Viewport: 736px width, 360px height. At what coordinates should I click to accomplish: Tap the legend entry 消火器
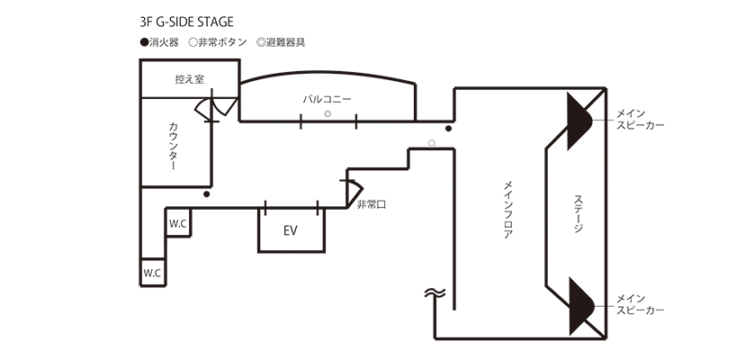[x=158, y=42]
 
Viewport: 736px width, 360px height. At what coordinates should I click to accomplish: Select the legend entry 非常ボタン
[x=217, y=42]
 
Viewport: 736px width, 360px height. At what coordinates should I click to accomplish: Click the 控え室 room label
[x=189, y=79]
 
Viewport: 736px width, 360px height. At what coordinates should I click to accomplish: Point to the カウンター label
[x=173, y=147]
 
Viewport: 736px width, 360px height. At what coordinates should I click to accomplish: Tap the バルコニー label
[x=328, y=97]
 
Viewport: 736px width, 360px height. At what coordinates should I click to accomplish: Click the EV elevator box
[x=290, y=230]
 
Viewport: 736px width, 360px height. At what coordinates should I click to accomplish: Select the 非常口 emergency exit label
[x=371, y=206]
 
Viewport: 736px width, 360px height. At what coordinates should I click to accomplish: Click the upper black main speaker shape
[x=575, y=119]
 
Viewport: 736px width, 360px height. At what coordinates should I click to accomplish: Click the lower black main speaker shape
[x=575, y=304]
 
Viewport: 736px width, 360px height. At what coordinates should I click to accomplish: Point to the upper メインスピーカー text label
[x=640, y=119]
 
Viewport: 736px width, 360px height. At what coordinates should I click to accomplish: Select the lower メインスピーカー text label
[x=640, y=304]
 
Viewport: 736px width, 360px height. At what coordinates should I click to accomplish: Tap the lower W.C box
[x=151, y=273]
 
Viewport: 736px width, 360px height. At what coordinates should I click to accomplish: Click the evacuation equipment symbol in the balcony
[x=328, y=115]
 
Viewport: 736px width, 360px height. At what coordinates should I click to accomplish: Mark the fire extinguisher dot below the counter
[x=207, y=193]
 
